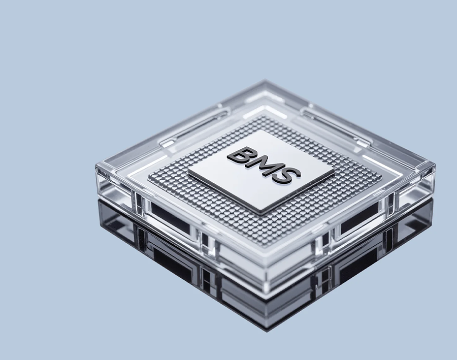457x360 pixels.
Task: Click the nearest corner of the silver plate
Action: pos(260,215)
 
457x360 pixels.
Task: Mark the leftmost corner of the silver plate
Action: pos(188,171)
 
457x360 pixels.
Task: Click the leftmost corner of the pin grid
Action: pos(148,178)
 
